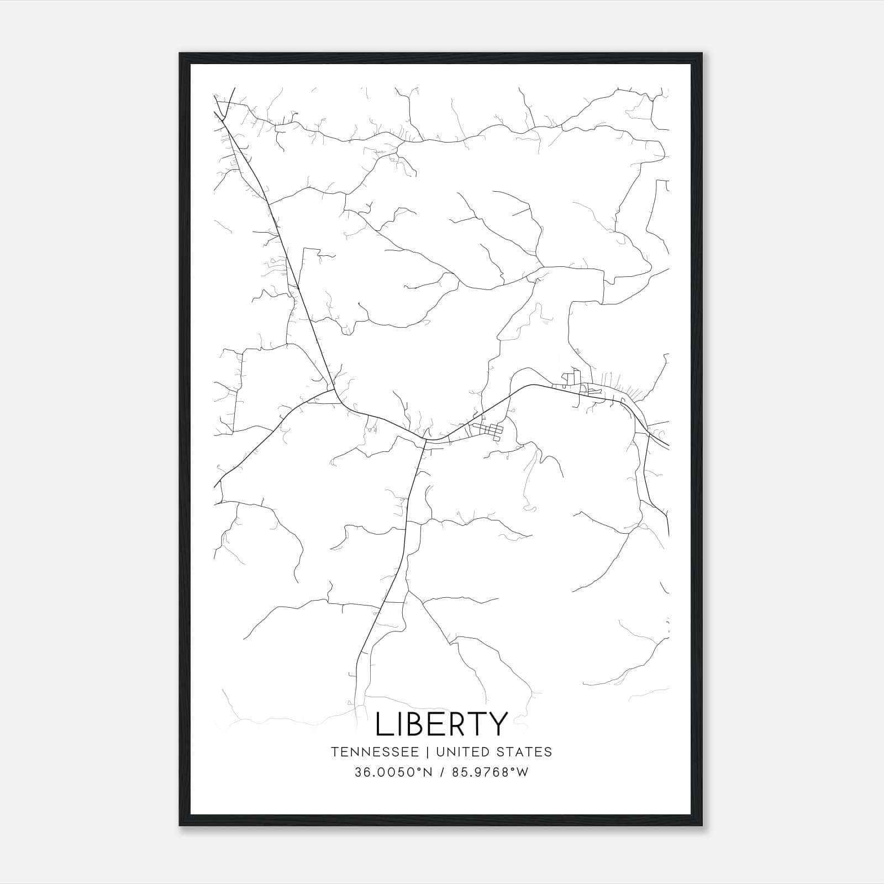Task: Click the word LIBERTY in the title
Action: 441,724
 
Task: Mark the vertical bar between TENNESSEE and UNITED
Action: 431,752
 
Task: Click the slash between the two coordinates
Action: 443,772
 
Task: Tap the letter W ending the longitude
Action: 522,772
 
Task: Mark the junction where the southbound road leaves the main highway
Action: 424,440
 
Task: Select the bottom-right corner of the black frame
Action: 703,825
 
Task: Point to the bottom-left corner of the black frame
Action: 180,825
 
